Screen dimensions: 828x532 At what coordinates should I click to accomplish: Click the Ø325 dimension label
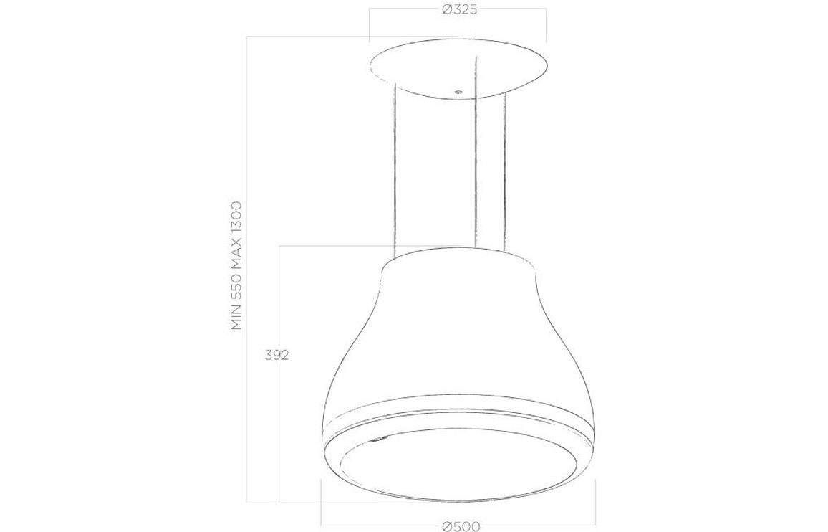point(458,10)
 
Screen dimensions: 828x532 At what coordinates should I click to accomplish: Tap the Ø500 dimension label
point(461,526)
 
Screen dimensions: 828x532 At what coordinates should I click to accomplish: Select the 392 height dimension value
point(276,356)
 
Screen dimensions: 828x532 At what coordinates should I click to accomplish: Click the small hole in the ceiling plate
point(458,92)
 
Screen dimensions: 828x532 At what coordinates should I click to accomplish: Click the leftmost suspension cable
point(395,170)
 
